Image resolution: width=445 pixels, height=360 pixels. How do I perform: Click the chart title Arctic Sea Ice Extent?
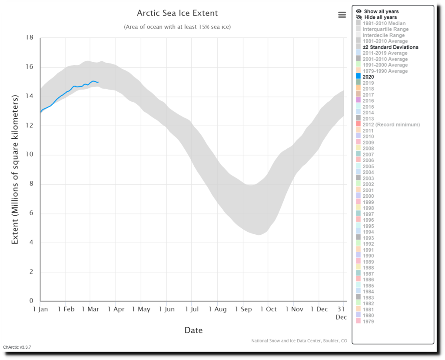tap(177, 13)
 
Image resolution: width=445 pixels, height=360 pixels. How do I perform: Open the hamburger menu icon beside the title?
tap(342, 14)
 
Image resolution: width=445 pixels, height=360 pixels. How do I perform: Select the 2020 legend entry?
tap(368, 77)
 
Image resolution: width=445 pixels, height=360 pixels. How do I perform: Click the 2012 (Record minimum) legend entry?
tap(391, 125)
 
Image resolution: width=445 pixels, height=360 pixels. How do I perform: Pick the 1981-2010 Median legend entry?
tap(384, 23)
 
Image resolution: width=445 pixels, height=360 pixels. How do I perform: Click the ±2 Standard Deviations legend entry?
tap(390, 47)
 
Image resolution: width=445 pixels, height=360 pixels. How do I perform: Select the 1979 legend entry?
tap(368, 321)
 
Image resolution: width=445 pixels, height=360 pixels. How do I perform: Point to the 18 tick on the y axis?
tap(30, 38)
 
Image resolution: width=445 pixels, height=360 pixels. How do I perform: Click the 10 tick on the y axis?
tap(30, 155)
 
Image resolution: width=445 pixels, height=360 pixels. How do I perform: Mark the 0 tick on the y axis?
tap(31, 301)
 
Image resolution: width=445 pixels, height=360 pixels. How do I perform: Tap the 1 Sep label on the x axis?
tap(244, 309)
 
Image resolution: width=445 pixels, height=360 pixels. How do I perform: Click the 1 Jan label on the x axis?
tap(40, 309)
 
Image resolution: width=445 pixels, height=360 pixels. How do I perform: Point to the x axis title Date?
tap(193, 330)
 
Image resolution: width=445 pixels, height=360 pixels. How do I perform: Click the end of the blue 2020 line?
tap(98, 82)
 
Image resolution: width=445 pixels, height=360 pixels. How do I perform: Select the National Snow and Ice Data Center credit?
tap(299, 341)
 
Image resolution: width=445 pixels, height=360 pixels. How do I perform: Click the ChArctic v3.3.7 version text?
tap(17, 347)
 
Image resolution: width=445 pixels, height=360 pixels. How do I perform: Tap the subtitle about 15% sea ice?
tap(177, 27)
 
